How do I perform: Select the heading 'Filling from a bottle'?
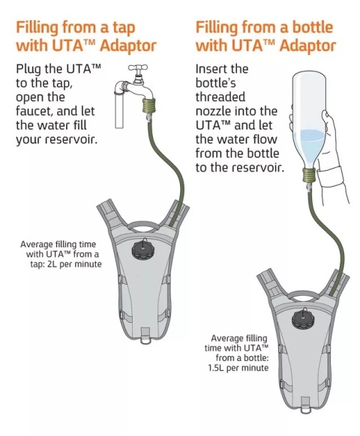265,28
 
